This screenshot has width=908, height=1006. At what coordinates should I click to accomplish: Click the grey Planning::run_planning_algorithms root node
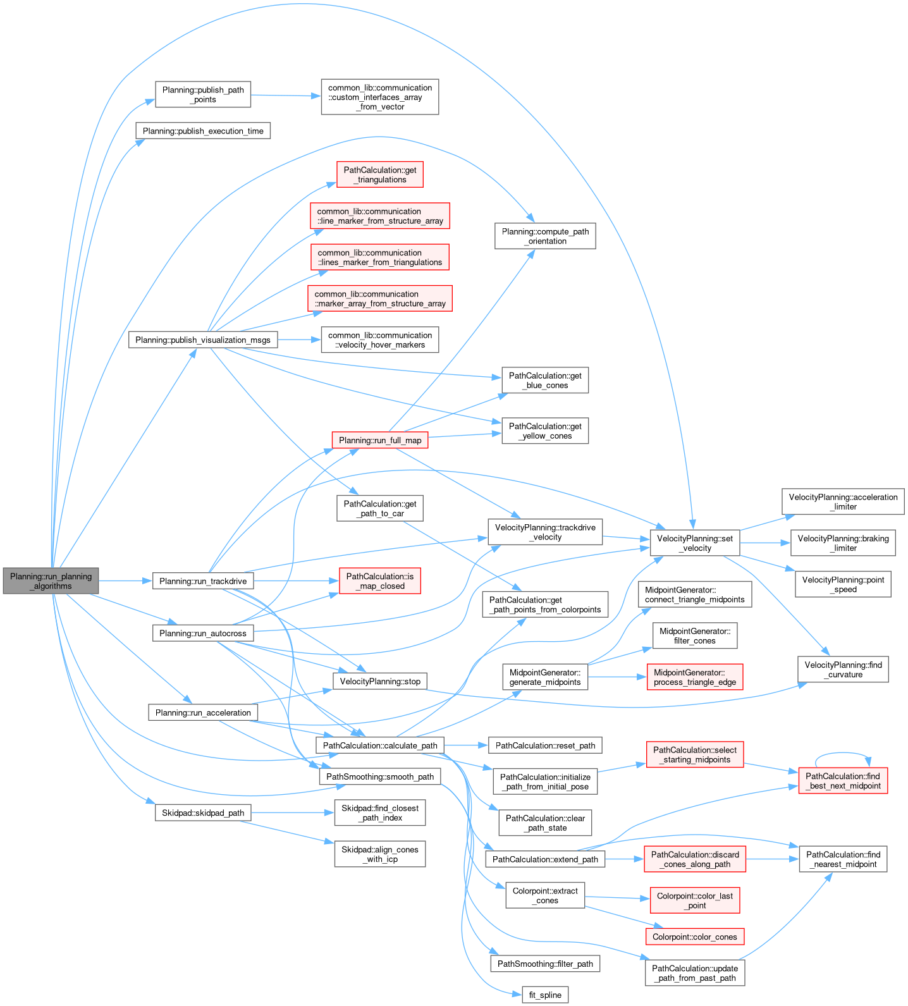(x=51, y=580)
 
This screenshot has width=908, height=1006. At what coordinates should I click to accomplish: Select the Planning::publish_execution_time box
(x=203, y=131)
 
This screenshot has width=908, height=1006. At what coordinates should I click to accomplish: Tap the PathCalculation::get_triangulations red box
(x=379, y=175)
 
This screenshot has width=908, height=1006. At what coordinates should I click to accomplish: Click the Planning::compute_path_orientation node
(x=545, y=236)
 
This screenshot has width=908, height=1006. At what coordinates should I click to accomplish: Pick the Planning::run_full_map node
(x=379, y=440)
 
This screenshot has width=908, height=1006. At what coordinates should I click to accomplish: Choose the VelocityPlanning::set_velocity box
(x=694, y=543)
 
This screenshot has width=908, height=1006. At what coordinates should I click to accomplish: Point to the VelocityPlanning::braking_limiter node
(x=843, y=543)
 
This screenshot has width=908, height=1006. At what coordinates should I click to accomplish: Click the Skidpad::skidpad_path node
(x=202, y=813)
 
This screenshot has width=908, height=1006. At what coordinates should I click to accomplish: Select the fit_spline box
(x=545, y=995)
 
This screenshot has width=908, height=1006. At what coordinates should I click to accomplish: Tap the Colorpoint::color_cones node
(x=694, y=936)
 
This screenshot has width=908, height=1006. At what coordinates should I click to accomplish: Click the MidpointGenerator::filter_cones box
(x=694, y=635)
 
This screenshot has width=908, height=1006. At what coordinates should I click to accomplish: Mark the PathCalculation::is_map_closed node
(x=379, y=580)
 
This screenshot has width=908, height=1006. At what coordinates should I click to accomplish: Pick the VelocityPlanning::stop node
(x=379, y=681)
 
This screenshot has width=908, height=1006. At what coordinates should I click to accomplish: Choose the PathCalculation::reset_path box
(x=545, y=745)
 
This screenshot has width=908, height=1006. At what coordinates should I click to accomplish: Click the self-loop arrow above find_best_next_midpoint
(x=843, y=754)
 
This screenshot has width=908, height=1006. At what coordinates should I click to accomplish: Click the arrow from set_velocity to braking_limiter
(x=765, y=543)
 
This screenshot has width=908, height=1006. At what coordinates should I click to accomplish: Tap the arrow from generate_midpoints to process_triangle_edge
(x=617, y=677)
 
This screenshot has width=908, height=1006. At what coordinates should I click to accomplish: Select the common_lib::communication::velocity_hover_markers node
(x=379, y=340)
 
